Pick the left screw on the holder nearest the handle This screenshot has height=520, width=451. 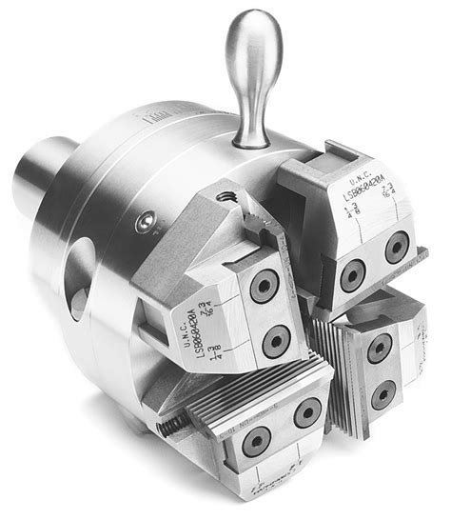(x=353, y=275)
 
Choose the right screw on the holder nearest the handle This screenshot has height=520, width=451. (x=396, y=249)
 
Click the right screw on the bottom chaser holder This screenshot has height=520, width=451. (x=305, y=412)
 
